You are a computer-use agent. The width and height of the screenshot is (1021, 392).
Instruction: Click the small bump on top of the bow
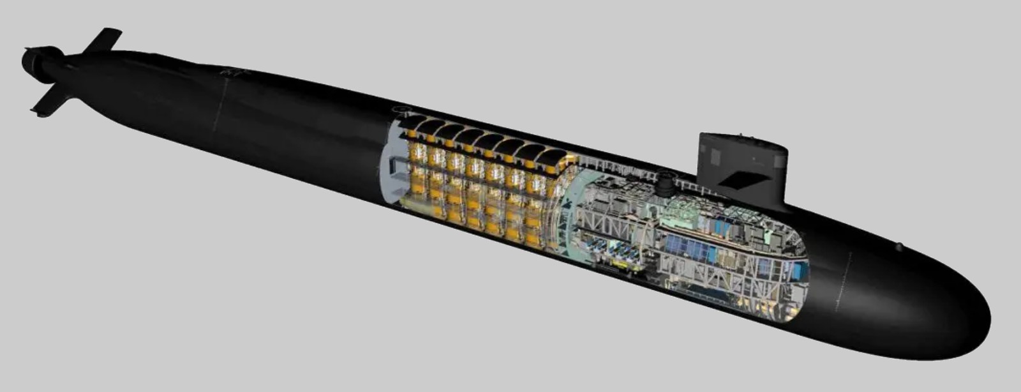899,246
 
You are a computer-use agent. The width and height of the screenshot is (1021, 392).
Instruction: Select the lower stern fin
51,102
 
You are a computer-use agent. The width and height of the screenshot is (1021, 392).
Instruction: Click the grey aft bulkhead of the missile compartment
391,166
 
